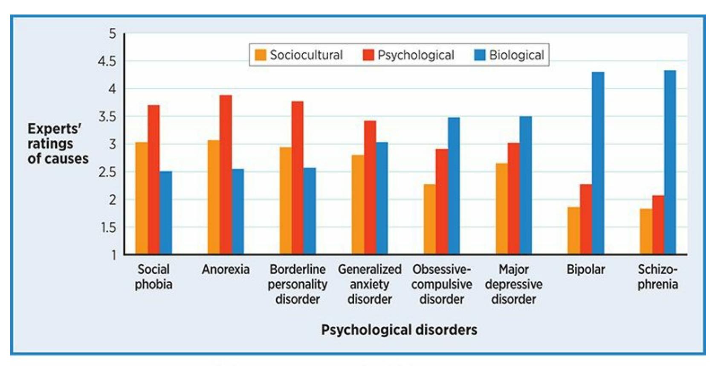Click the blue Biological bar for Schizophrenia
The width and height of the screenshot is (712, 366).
click(x=670, y=162)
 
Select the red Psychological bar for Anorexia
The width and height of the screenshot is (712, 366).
click(x=226, y=175)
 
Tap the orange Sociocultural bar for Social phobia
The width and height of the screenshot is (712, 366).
click(x=142, y=198)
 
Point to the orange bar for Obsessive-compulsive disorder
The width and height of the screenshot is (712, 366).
click(x=429, y=219)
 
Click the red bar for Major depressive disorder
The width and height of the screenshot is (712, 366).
click(x=513, y=199)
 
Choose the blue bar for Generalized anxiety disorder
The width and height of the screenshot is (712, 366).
click(x=382, y=198)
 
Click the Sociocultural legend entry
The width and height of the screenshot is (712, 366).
click(x=299, y=55)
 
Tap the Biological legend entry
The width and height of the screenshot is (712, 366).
click(x=509, y=55)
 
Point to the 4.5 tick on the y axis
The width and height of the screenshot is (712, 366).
click(x=107, y=61)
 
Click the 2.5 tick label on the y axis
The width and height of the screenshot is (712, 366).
click(x=107, y=172)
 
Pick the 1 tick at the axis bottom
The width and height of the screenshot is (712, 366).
click(x=113, y=255)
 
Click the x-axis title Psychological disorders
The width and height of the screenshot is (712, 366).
click(x=399, y=330)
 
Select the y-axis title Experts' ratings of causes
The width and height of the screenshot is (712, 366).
click(x=58, y=144)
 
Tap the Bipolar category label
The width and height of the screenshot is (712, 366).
click(x=585, y=270)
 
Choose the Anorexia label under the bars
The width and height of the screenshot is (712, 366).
click(x=226, y=270)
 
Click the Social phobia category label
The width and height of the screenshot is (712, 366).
click(x=153, y=277)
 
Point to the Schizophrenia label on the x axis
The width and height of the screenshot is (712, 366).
click(x=657, y=277)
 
